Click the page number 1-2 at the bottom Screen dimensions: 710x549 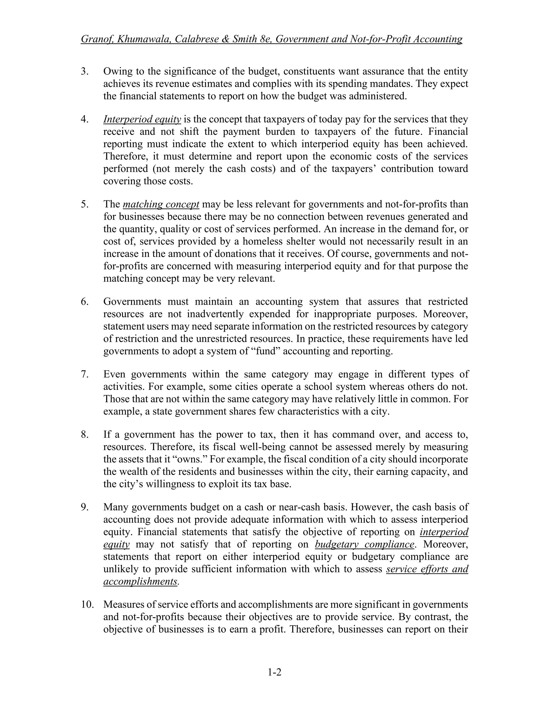[x=274, y=672]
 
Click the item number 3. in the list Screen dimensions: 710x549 [x=84, y=71]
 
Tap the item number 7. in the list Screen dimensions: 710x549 [x=84, y=374]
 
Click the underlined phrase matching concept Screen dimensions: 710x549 [x=161, y=204]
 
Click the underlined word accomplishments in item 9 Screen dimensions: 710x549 [x=140, y=581]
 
